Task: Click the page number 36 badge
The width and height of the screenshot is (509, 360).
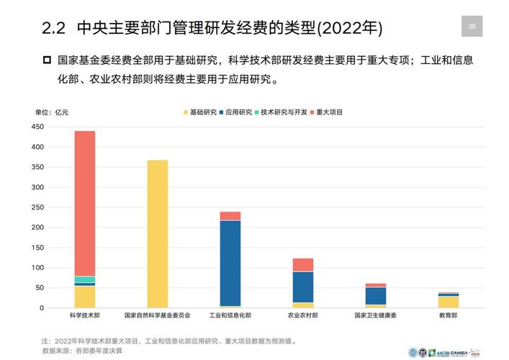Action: (472, 27)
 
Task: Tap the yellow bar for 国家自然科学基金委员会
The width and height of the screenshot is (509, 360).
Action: (157, 234)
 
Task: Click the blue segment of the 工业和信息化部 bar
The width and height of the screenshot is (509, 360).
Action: (230, 263)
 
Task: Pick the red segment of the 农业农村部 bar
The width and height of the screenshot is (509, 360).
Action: (303, 264)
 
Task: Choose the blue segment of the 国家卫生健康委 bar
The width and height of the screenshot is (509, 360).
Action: (376, 295)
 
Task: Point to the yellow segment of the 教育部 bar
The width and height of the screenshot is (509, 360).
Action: (449, 302)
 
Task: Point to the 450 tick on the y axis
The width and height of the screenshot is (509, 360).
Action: (38, 127)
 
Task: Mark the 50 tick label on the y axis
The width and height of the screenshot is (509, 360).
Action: (40, 288)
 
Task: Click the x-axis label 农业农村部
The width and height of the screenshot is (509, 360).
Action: (303, 316)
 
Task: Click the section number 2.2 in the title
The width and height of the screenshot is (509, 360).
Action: (54, 29)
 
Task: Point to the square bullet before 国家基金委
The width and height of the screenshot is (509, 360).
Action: (48, 60)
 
